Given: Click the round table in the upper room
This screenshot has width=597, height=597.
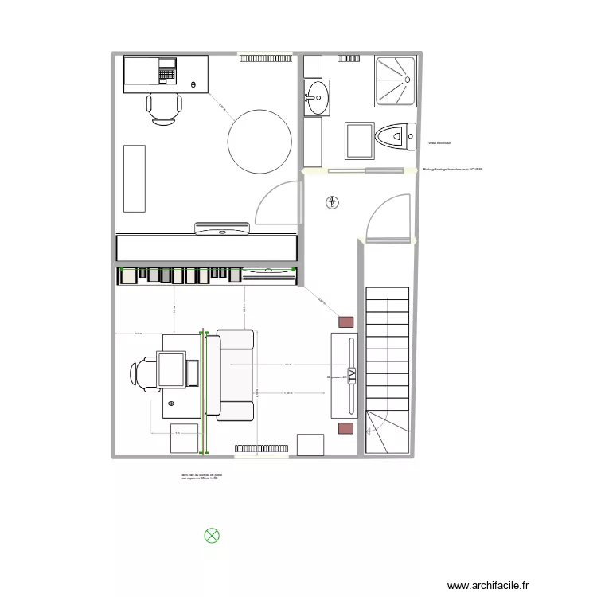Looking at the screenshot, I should point(259,142).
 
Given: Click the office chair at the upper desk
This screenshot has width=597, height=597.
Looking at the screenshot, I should point(163,107).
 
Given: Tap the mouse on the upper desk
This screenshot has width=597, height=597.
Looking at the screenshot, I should point(194,84).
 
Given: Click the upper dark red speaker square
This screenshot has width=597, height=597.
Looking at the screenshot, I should point(345,322).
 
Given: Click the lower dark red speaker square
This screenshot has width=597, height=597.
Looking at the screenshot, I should point(345,429).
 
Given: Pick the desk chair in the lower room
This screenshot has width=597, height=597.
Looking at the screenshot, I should point(143,374).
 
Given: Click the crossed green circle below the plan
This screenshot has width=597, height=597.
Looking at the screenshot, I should point(212,536).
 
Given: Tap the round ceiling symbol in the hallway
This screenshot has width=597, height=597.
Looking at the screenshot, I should point(331,202).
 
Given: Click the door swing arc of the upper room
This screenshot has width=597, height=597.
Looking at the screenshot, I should point(275,199).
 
